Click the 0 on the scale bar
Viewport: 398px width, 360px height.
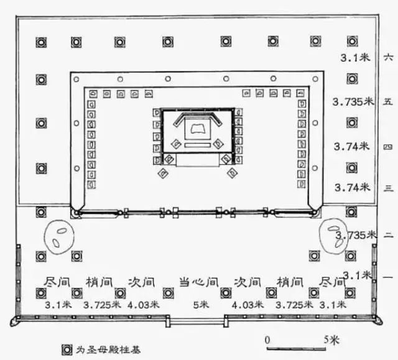267,341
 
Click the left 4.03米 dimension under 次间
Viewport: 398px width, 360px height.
142,305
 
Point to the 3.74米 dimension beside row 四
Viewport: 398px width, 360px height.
352,147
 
